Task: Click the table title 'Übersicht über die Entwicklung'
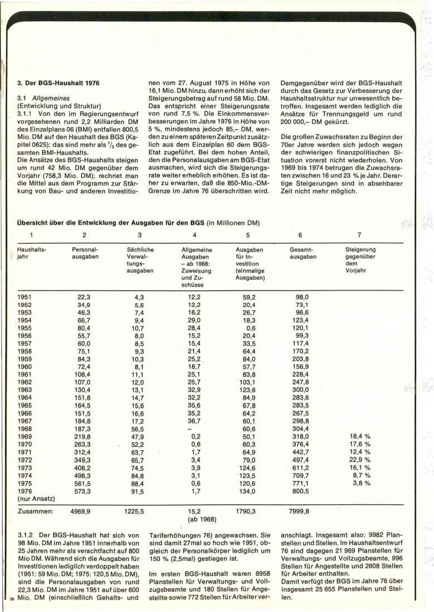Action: pyautogui.click(x=111, y=224)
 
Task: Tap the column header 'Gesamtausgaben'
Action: pyautogui.click(x=304, y=254)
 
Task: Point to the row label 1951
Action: pyautogui.click(x=26, y=297)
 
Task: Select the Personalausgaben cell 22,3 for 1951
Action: pyautogui.click(x=86, y=297)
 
